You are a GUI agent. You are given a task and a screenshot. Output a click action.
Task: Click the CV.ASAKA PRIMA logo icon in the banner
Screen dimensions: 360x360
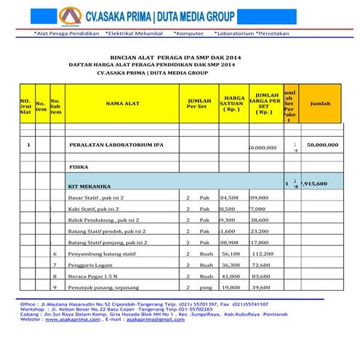pos(70,17)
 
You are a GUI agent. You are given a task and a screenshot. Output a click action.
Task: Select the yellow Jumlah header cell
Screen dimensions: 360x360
pos(319,103)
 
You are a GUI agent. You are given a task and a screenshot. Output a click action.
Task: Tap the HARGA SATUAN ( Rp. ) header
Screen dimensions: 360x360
pos(233,103)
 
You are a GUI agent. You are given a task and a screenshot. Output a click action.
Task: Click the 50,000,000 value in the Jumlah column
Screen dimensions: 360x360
pos(322,145)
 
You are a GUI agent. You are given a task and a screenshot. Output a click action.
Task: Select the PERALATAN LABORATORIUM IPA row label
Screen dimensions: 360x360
pos(116,145)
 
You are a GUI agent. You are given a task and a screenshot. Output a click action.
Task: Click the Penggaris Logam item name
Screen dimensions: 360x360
pos(90,265)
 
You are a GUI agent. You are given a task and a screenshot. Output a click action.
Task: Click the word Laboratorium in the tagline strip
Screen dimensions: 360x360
pos(236,33)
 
